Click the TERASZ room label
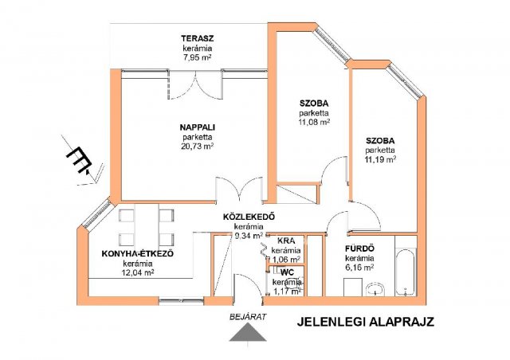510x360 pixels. pos(198,38)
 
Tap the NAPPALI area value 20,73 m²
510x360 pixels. pos(197,147)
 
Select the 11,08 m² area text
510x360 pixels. pos(314,123)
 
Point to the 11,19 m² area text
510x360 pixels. pos(380,159)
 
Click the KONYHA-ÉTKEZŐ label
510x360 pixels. pos(138,253)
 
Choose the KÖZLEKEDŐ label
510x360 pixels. pos(249,217)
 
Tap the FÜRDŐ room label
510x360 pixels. pos(359,248)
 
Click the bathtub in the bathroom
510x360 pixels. pos(406,272)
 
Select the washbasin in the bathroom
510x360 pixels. pos(375,289)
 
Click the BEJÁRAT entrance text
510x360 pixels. pos(248,316)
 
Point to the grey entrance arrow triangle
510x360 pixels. pos(248,333)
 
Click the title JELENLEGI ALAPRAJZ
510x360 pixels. pos(365,322)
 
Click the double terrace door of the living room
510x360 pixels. pos(196,85)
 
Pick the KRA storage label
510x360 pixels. pos(286,241)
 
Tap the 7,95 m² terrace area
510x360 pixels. pos(198,58)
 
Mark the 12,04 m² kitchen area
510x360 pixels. pos(138,272)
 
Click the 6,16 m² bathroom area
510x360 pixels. pos(359,268)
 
